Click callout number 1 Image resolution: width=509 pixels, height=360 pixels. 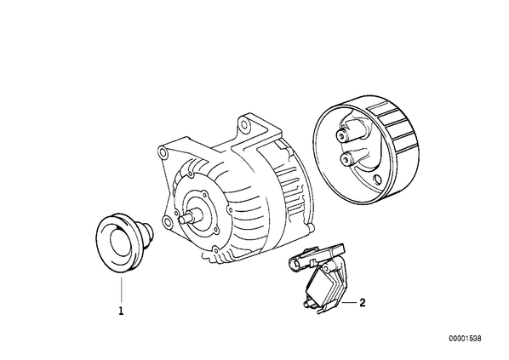tap(121, 311)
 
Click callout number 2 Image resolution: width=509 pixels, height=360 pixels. tap(363, 302)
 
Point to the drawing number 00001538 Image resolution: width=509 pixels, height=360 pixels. tap(466, 338)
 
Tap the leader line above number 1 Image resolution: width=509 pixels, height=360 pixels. tap(122, 291)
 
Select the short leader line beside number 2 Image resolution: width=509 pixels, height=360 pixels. tap(349, 302)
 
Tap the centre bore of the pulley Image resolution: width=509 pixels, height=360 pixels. tap(120, 243)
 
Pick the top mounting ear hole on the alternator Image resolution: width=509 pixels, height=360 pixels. tap(243, 126)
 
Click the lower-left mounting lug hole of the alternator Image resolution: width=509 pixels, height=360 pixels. tap(167, 222)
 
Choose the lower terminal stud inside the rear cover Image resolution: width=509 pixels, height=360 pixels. tap(347, 159)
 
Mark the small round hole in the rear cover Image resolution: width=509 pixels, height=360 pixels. tap(377, 180)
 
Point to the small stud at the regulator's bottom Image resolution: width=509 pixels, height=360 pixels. tap(306, 304)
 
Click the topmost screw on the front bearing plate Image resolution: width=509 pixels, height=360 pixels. tap(190, 175)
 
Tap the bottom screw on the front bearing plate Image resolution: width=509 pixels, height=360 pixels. tap(214, 249)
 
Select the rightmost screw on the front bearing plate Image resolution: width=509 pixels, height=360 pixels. tap(230, 209)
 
